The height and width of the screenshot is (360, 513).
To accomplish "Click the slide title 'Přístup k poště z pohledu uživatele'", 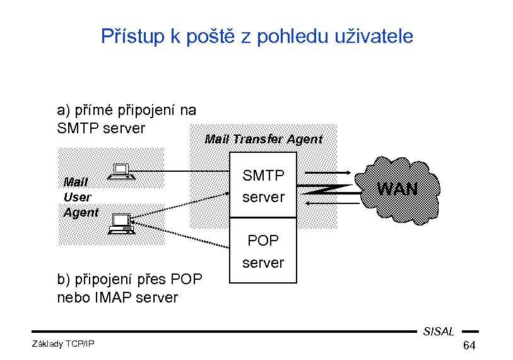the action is tap(257, 37).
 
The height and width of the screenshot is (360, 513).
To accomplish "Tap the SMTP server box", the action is tap(263, 186).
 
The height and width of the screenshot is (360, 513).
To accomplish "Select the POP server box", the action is tap(263, 251).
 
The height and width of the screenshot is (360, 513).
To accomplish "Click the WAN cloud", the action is tap(398, 188).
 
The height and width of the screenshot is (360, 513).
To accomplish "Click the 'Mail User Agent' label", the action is tap(80, 197).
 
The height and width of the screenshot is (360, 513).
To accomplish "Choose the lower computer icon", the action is tap(121, 224).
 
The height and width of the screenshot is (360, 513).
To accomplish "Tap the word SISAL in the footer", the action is tap(439, 332).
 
